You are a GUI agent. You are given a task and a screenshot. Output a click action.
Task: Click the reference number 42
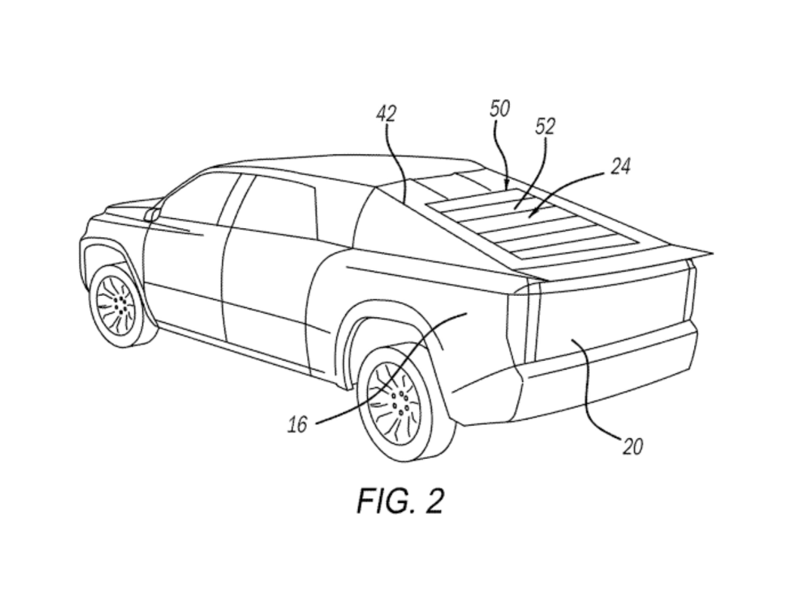[386, 114]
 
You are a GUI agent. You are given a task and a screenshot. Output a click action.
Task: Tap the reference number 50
[499, 109]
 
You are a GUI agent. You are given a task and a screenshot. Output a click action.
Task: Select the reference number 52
[545, 126]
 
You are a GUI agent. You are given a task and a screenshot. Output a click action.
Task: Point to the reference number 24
[620, 166]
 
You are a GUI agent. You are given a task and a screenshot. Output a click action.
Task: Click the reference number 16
[298, 424]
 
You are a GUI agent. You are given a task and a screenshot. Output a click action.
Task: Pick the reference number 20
[632, 446]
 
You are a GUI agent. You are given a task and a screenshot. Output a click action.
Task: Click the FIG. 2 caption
[400, 501]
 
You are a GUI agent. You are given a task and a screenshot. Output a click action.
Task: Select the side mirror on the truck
[152, 214]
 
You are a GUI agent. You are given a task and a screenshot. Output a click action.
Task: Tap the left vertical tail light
[524, 321]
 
